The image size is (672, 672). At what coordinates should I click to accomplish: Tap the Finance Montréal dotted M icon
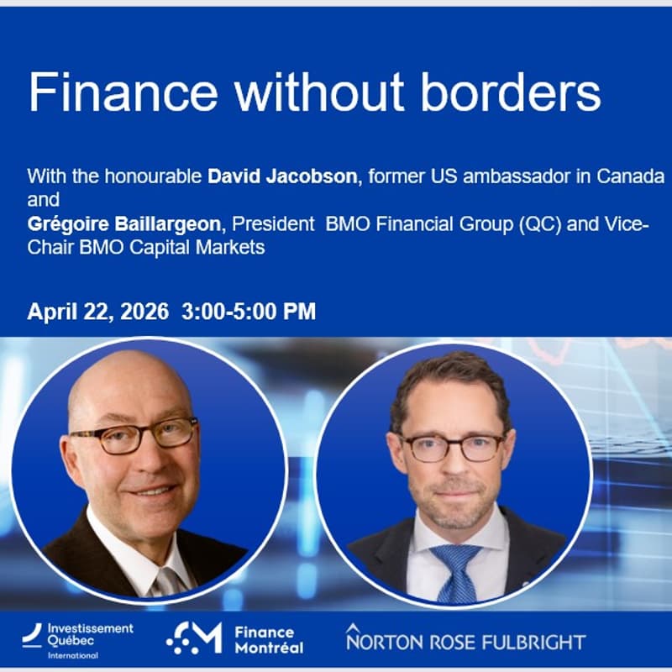coord(194,639)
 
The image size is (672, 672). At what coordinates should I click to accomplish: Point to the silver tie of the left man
coord(168,580)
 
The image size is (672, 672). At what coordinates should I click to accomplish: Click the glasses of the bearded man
coord(454,446)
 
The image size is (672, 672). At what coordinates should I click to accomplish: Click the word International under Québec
coord(73,655)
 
